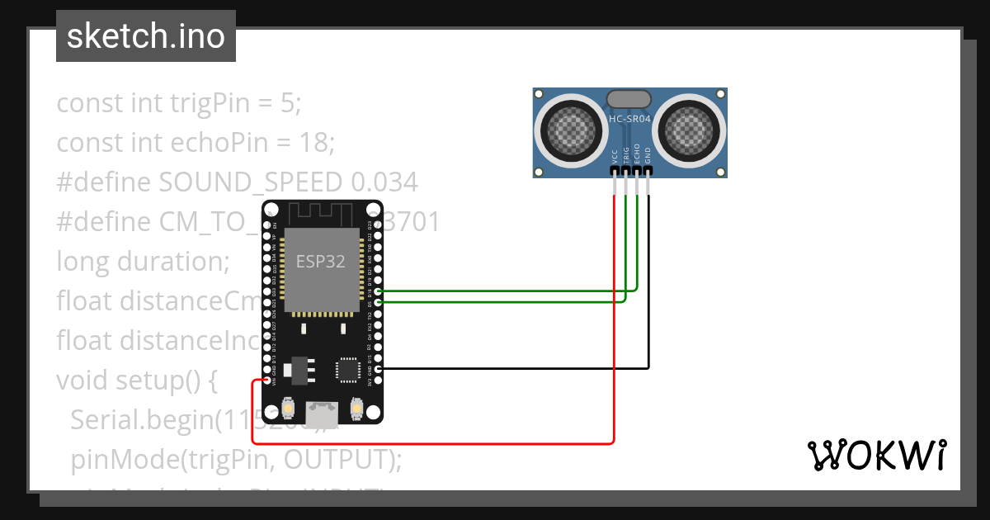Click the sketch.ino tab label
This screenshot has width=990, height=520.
click(145, 36)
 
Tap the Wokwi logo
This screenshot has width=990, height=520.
click(875, 455)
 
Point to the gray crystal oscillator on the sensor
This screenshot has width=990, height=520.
click(631, 99)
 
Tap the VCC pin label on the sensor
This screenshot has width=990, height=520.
click(615, 156)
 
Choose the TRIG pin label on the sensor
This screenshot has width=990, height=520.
click(626, 156)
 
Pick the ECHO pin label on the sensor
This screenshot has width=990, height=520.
click(637, 156)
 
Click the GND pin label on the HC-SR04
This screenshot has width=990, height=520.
click(648, 156)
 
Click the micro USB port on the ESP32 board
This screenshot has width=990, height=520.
click(322, 410)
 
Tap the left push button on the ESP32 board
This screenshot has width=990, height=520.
click(288, 407)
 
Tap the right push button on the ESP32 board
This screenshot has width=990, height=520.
click(357, 407)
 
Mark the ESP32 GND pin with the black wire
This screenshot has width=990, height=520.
click(378, 369)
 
